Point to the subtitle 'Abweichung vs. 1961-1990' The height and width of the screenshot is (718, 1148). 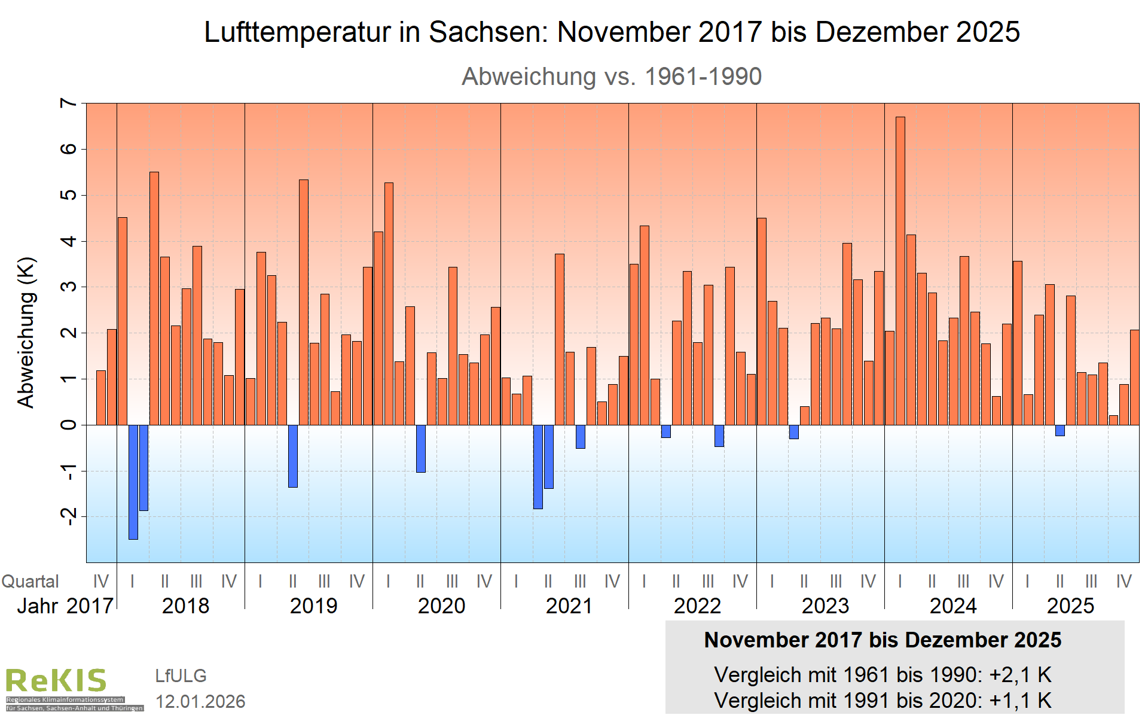pos(612,77)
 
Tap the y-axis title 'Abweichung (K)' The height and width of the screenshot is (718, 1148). pos(26,333)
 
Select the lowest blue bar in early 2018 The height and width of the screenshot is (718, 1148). pos(133,482)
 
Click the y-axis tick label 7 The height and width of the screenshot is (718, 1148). pos(69,104)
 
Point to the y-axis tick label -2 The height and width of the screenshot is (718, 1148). pos(69,516)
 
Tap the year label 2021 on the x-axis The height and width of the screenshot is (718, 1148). pos(569,606)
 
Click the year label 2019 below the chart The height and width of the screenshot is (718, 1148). pos(313,606)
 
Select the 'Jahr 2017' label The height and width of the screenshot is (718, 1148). pos(65,606)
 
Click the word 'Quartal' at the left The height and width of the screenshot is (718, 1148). pos(30,582)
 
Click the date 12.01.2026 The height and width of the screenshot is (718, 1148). pos(200,701)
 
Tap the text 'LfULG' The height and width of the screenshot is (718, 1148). pos(181,676)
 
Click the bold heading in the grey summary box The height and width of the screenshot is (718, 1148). pos(883,640)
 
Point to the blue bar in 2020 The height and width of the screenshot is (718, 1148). pos(420,449)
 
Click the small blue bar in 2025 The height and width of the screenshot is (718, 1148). pos(1060,430)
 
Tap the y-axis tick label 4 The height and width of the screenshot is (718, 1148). pos(69,241)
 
